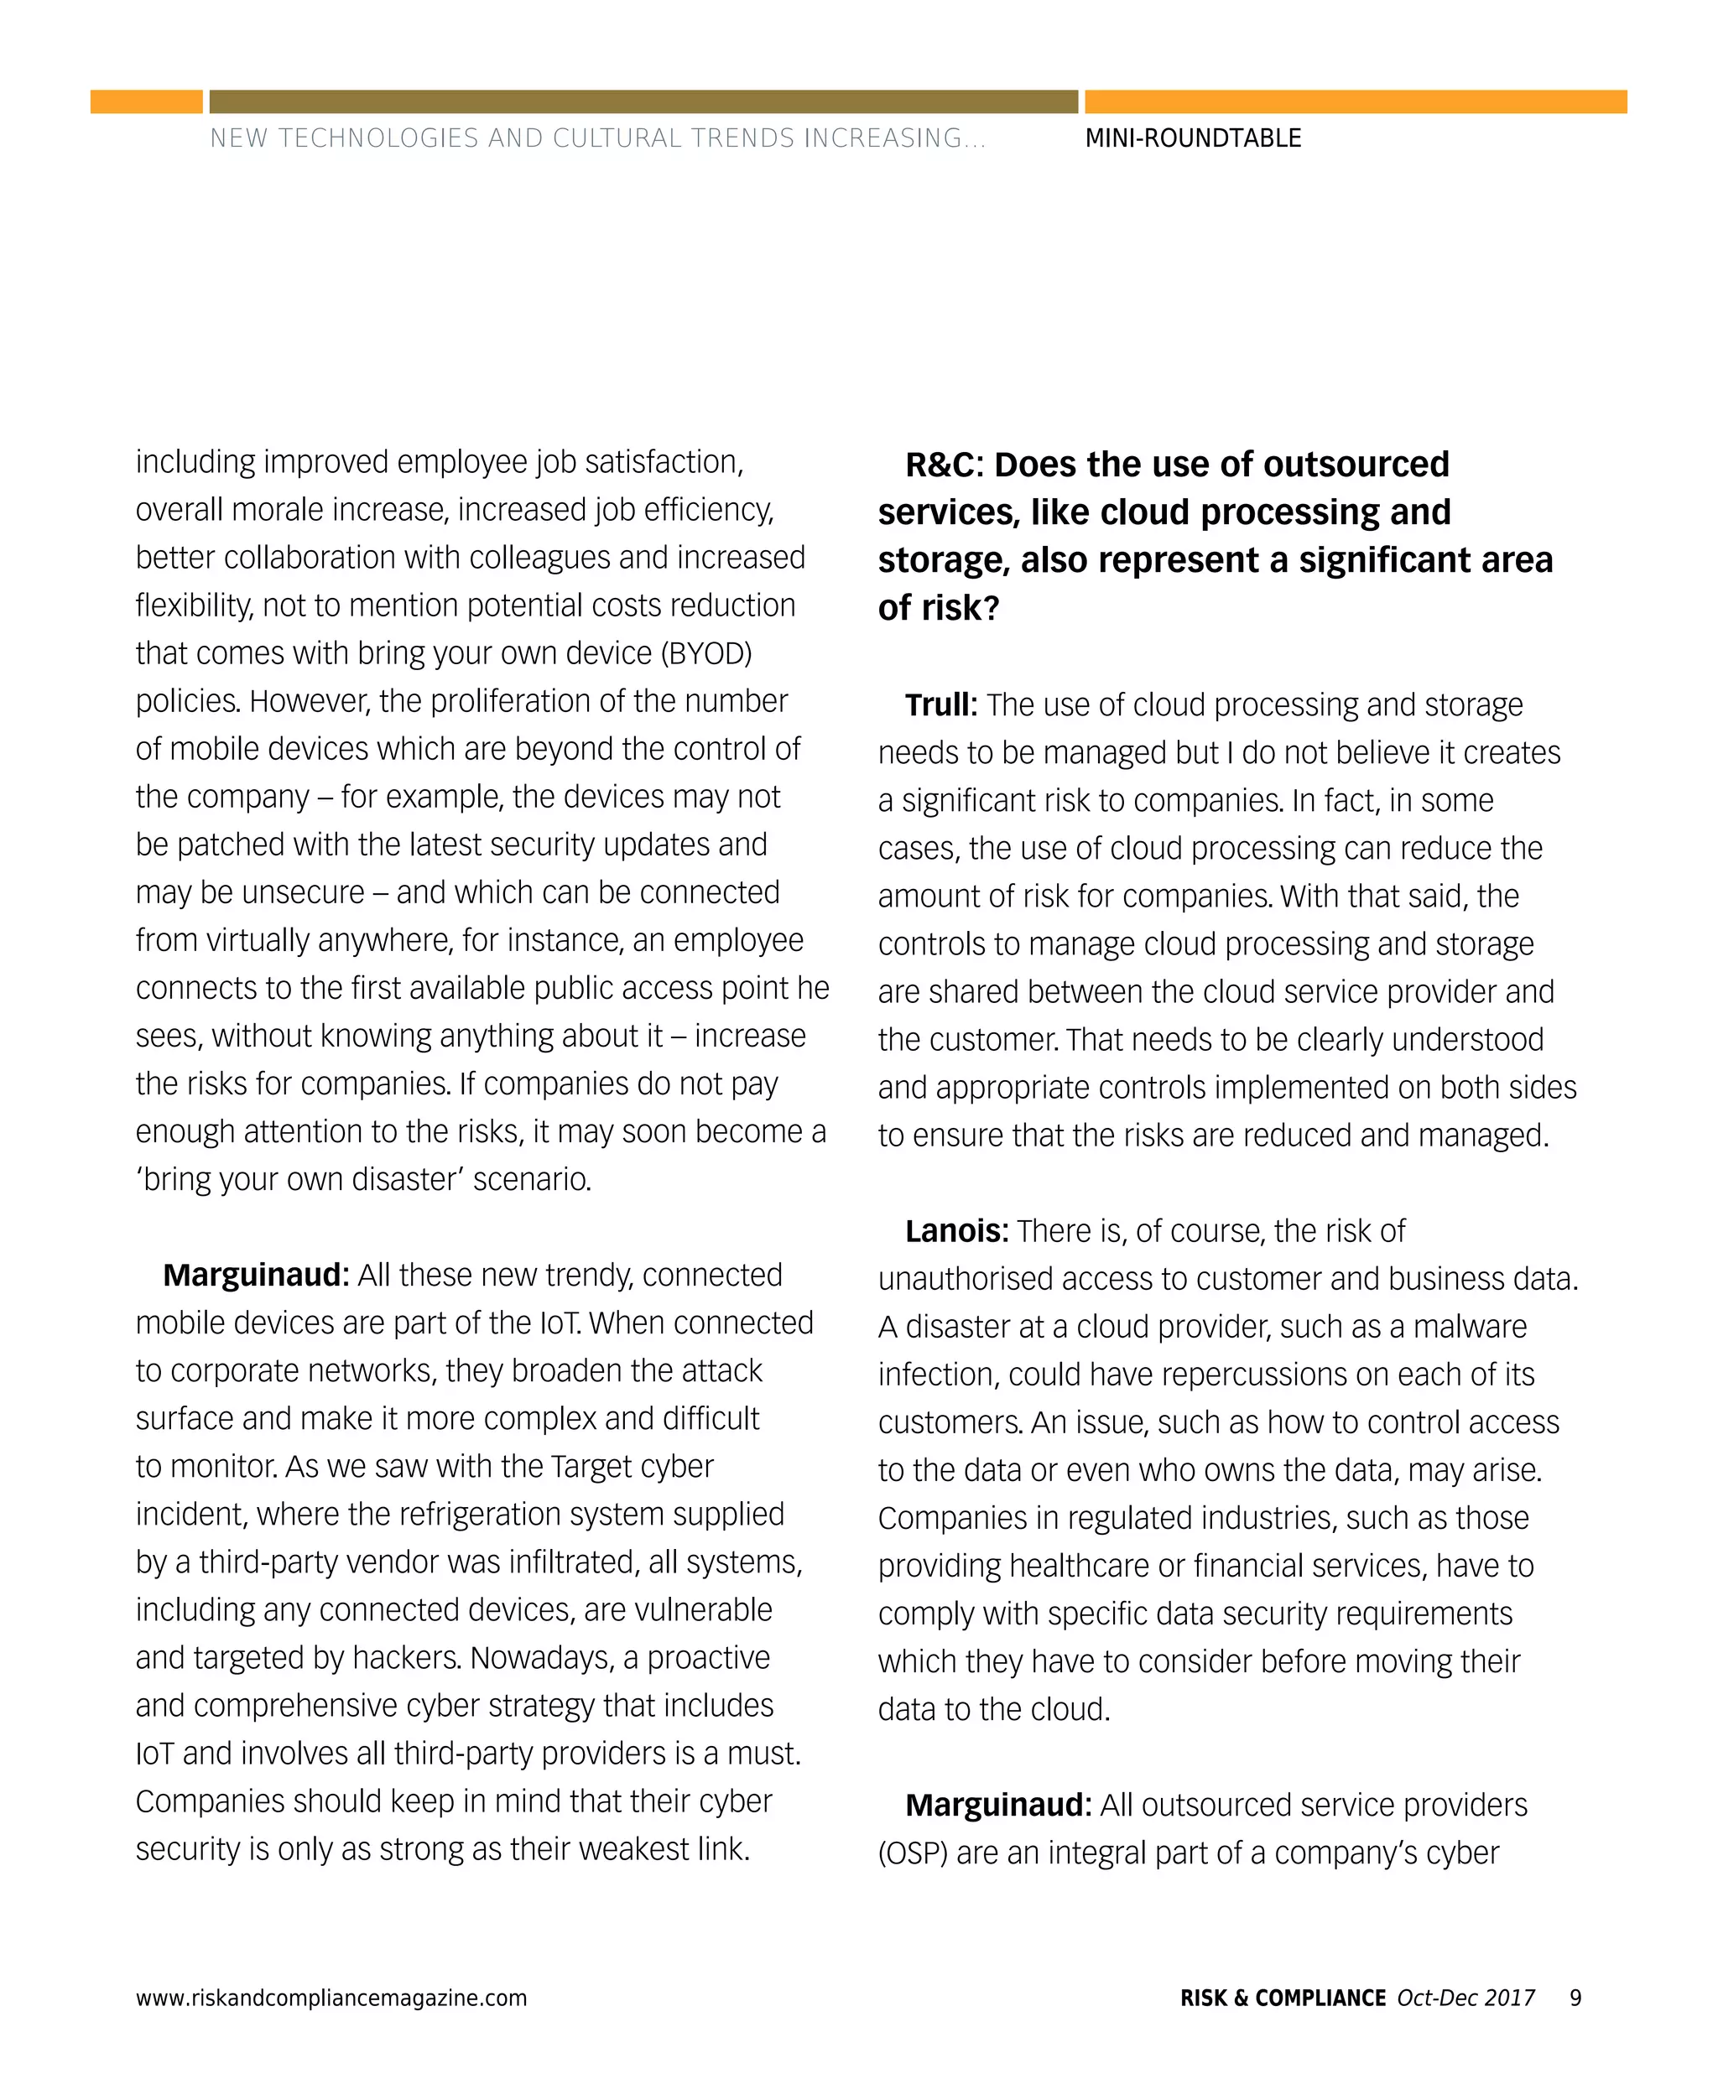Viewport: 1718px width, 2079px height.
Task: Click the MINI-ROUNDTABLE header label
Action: [x=1193, y=138]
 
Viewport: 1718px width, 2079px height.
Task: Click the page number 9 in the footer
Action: [x=1575, y=1997]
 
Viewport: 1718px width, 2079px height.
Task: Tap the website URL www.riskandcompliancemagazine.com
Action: [x=331, y=1998]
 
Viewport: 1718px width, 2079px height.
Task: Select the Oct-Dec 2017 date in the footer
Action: [x=1466, y=1997]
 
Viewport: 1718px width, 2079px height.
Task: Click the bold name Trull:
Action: [x=940, y=704]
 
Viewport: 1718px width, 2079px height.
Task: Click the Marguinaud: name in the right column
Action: [x=997, y=1805]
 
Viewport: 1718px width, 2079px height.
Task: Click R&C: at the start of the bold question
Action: [x=944, y=464]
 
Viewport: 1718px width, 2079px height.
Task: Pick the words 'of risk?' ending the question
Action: [x=938, y=607]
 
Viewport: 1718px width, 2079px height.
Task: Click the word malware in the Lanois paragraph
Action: [x=1470, y=1327]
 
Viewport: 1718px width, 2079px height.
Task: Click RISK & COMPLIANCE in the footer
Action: [x=1283, y=1997]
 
